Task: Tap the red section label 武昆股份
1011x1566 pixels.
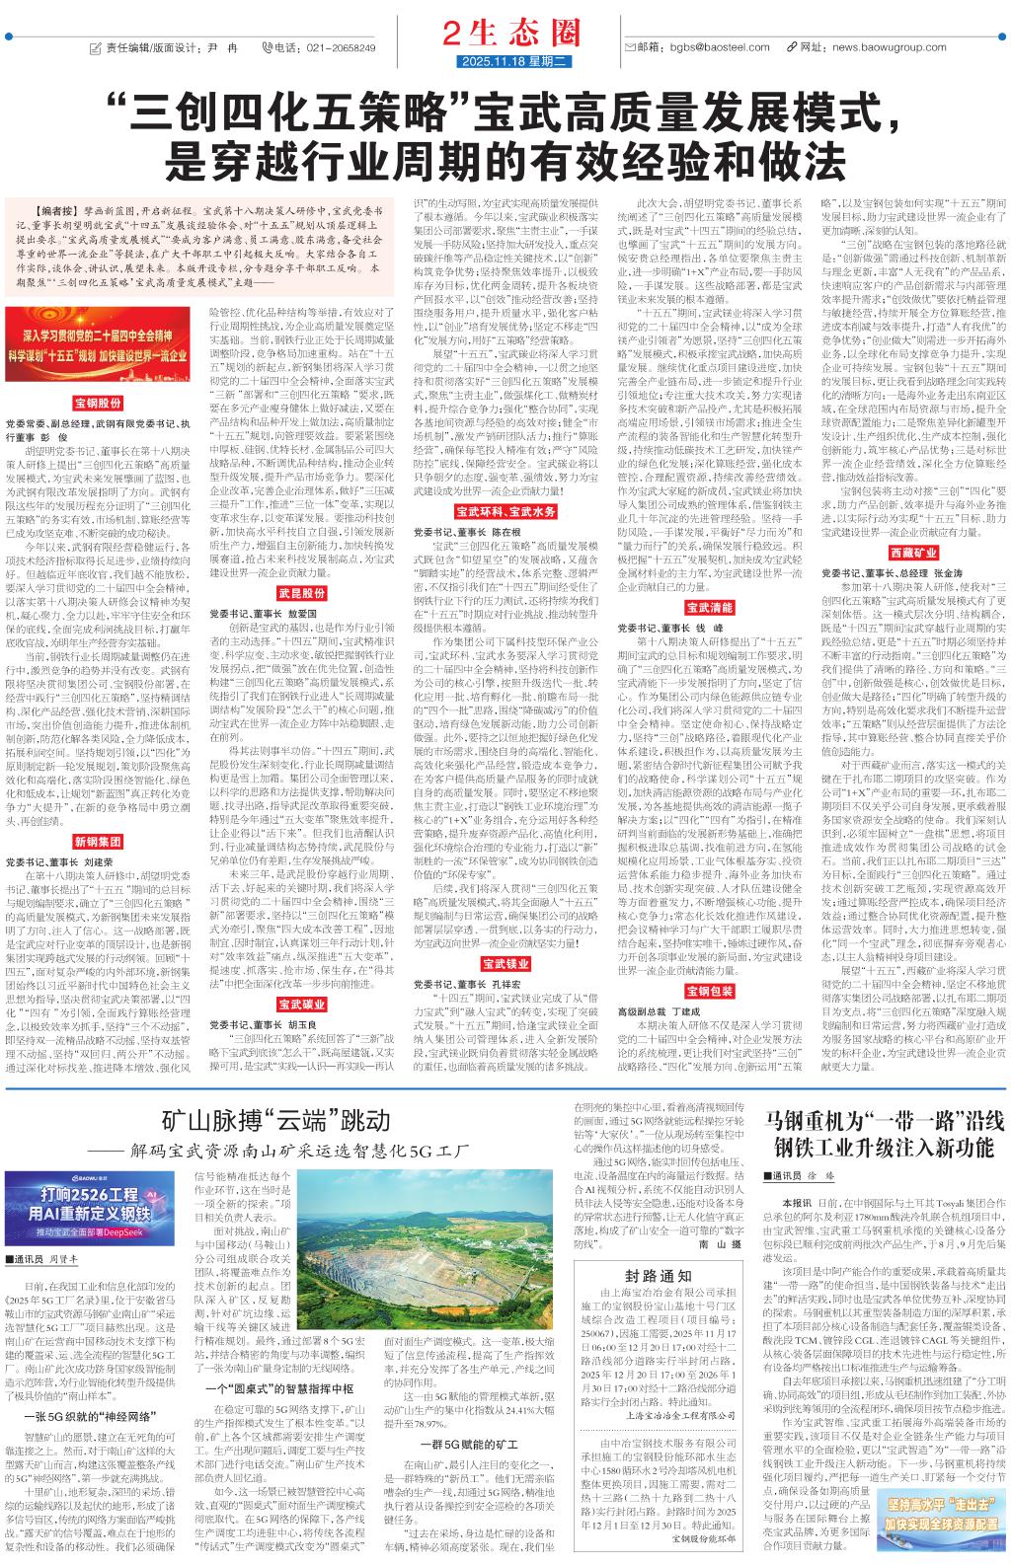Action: point(301,592)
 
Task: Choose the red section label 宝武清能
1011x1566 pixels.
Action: point(709,606)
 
